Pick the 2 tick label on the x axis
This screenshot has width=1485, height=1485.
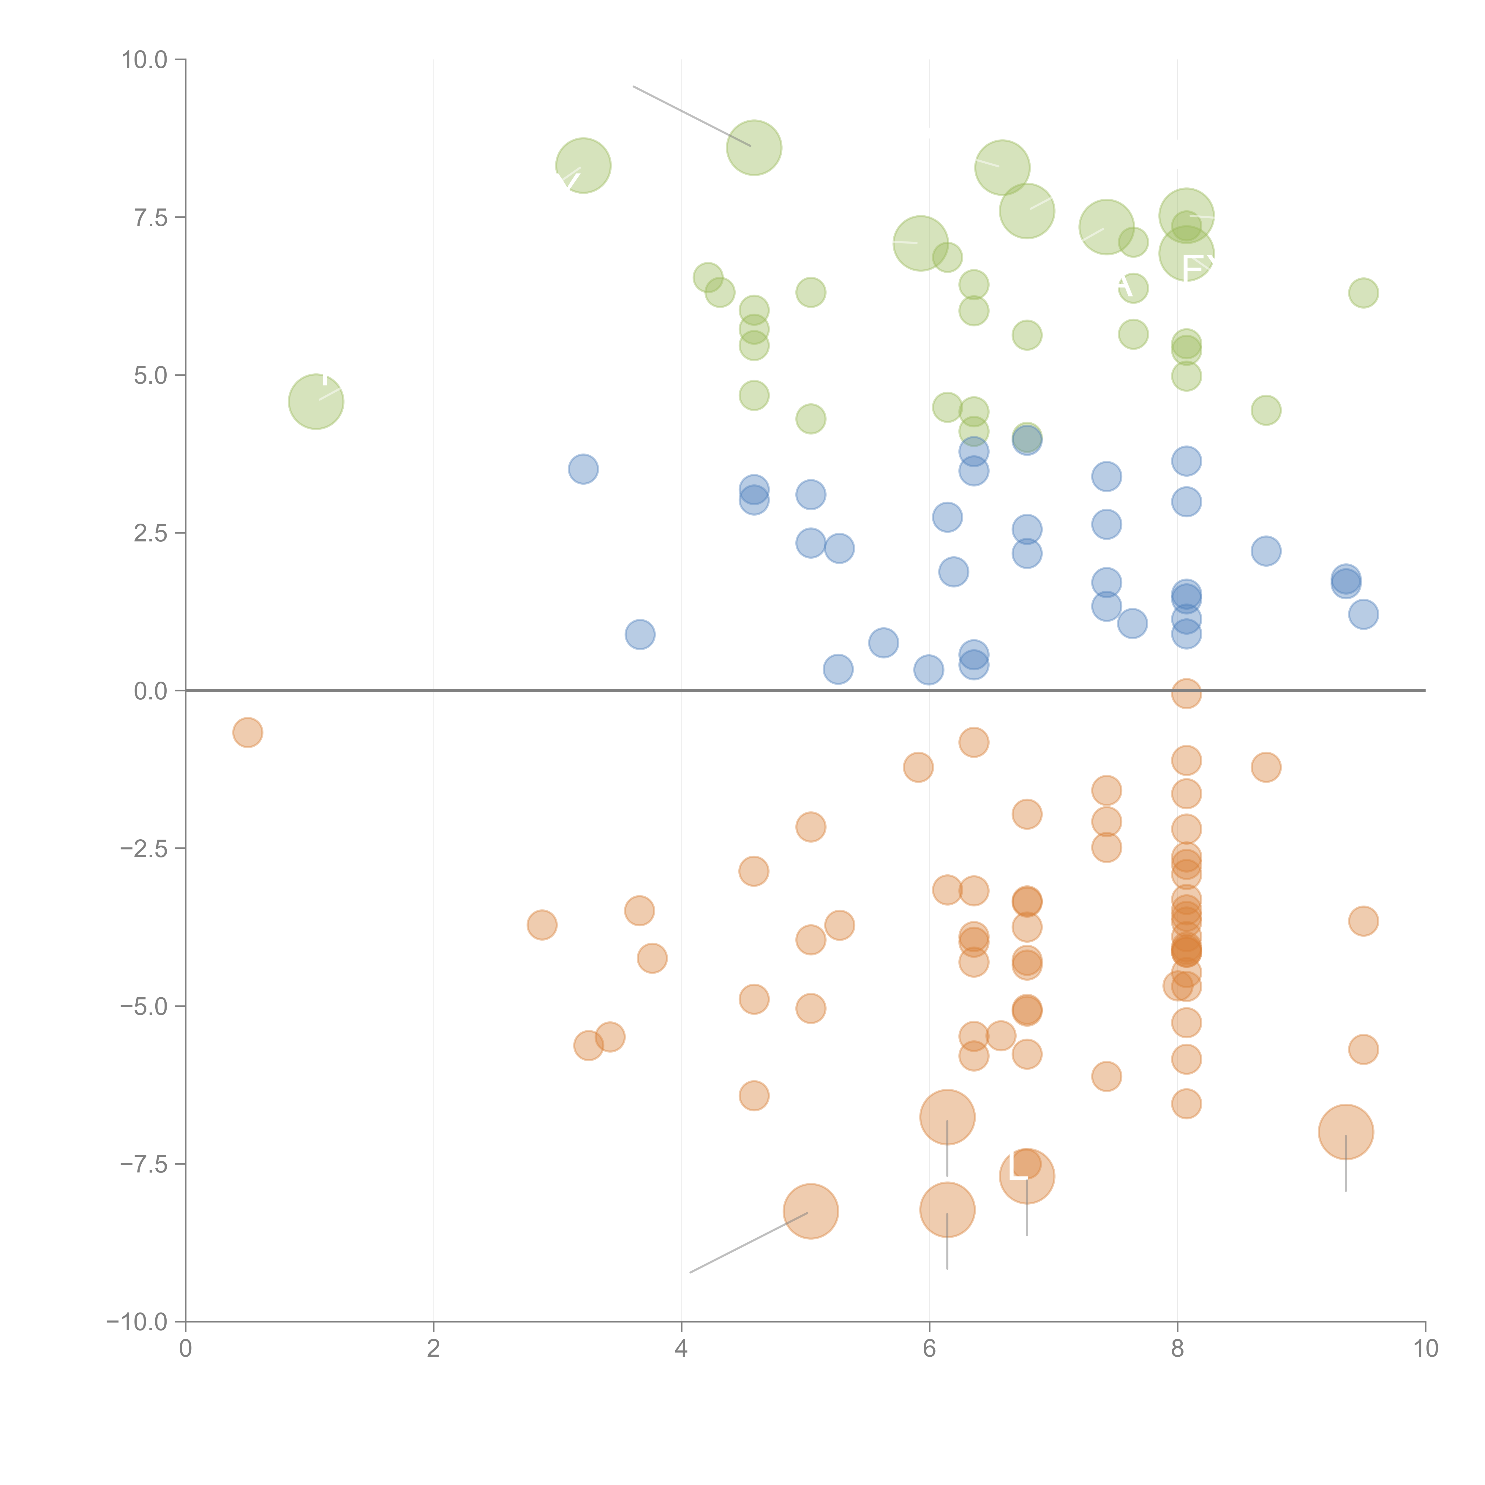[x=434, y=1349]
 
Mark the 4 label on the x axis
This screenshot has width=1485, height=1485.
[x=681, y=1349]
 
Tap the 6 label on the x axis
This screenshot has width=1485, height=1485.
[x=929, y=1349]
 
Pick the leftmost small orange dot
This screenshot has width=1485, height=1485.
[x=247, y=732]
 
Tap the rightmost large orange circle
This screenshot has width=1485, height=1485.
[x=1345, y=1132]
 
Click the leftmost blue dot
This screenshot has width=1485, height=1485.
[x=583, y=469]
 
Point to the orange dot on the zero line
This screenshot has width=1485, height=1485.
[x=1186, y=693]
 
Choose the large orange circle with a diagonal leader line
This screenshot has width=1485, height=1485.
[x=810, y=1211]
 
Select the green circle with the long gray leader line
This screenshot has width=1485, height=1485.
[x=754, y=148]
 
